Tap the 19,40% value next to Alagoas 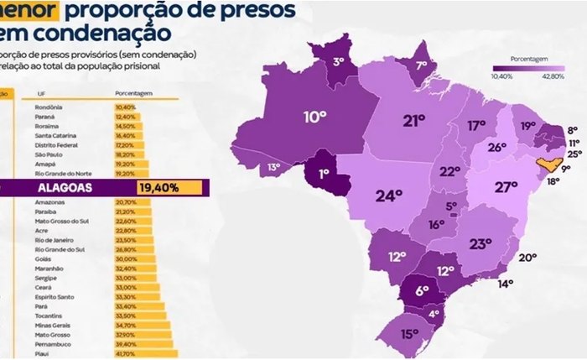[x=159, y=188]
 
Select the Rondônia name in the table [x=50, y=107]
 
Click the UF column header [x=40, y=93]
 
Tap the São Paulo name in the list [x=50, y=154]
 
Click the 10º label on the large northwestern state [x=314, y=117]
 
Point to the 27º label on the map [x=506, y=187]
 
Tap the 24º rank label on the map [x=389, y=196]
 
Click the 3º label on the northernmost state [x=339, y=61]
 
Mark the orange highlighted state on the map [x=546, y=167]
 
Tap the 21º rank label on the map [x=413, y=121]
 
